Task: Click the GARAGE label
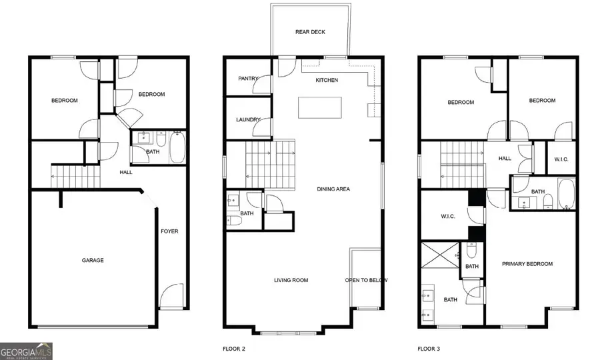[93, 261]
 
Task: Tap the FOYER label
[169, 232]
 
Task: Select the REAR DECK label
[310, 32]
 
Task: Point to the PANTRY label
[248, 79]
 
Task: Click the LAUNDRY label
[248, 120]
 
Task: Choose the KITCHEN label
[327, 80]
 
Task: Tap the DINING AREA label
[333, 189]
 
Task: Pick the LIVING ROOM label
[291, 281]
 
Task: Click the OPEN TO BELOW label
[366, 281]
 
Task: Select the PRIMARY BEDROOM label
[527, 264]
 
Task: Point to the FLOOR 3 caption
[429, 349]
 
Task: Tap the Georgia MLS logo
[26, 351]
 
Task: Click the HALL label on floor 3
[505, 159]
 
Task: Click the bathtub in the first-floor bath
[177, 148]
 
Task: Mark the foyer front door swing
[171, 295]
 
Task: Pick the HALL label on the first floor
[126, 172]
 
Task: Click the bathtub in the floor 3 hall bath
[566, 193]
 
